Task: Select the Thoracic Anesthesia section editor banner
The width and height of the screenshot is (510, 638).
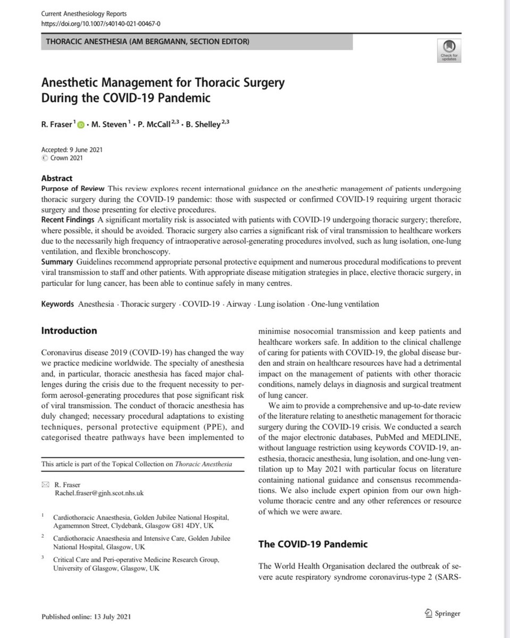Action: click(197, 43)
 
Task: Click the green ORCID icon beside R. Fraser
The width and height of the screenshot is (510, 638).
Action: click(81, 125)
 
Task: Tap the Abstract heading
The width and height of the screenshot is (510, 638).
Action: click(57, 179)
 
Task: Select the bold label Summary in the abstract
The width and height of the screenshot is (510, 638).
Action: click(58, 262)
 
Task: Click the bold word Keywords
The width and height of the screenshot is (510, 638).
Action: click(58, 304)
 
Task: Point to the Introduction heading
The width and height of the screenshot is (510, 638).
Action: click(69, 331)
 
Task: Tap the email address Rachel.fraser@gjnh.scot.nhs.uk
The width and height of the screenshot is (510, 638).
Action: click(97, 493)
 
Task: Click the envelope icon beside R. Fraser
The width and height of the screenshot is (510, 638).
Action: click(45, 485)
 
